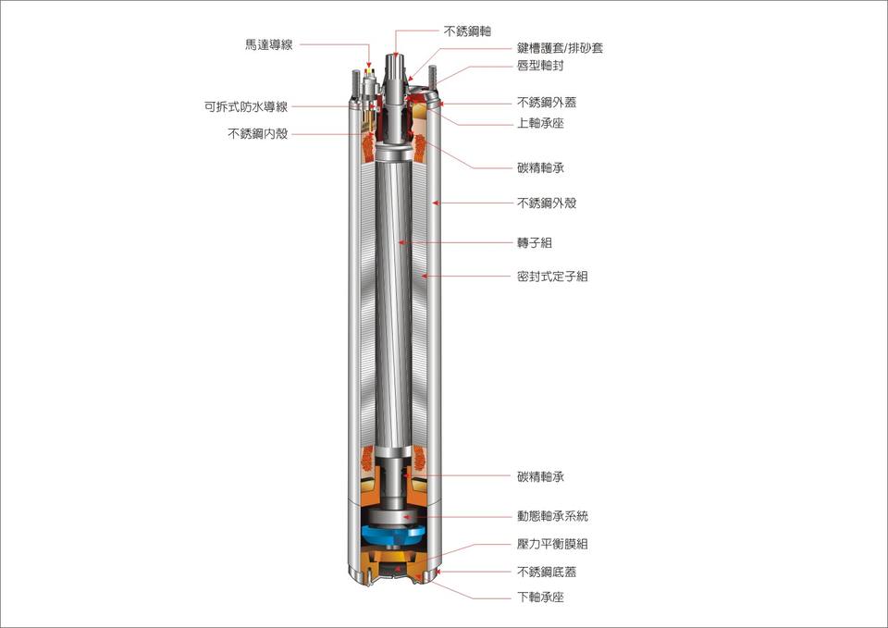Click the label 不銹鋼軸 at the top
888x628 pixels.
[x=467, y=31]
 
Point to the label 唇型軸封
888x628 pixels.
[x=540, y=66]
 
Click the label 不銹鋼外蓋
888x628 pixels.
[x=547, y=103]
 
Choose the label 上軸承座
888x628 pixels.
[x=540, y=123]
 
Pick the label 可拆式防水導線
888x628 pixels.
[x=246, y=106]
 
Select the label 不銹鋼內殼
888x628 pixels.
[x=257, y=133]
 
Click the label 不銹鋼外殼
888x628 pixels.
[x=547, y=203]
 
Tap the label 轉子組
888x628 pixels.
[x=534, y=242]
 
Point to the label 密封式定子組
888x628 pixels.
[x=552, y=276]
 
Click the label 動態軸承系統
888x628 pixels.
[x=552, y=516]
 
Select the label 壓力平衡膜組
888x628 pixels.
[x=552, y=544]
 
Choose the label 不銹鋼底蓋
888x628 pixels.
[x=547, y=573]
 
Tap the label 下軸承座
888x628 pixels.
[x=540, y=597]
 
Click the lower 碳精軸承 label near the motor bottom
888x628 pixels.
[x=540, y=477]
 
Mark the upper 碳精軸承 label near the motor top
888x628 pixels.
[x=540, y=168]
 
